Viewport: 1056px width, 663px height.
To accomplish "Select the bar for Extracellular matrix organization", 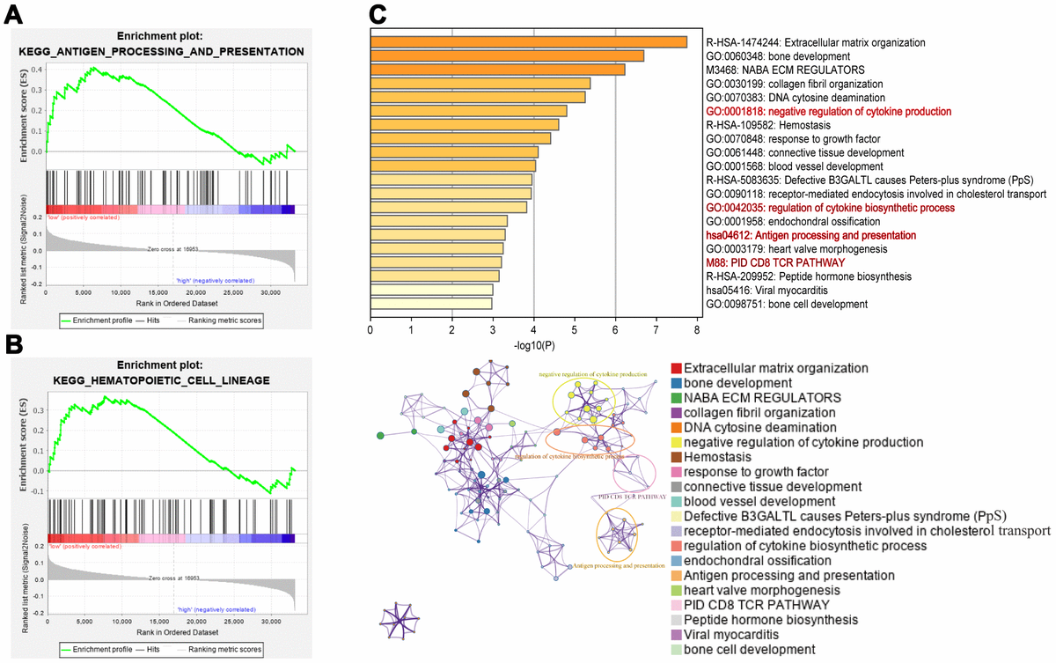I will pos(528,42).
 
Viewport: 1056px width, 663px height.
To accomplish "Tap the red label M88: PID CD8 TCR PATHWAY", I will pos(775,263).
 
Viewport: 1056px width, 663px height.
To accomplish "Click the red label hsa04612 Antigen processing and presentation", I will pos(810,236).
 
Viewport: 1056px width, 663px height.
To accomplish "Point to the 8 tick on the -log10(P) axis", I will pos(696,330).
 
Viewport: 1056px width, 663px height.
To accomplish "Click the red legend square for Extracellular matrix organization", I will pos(676,368).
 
